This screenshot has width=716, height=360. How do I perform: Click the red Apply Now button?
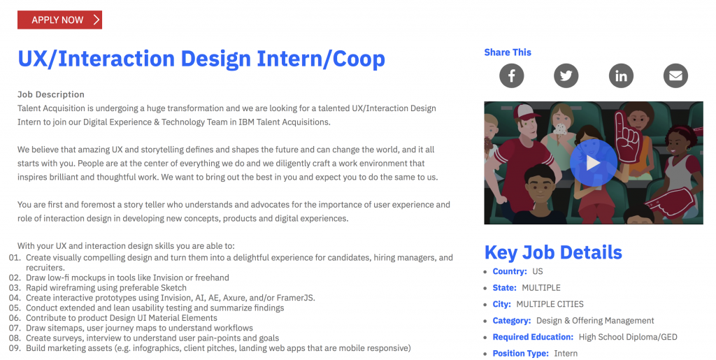(60, 20)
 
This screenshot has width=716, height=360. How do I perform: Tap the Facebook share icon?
(511, 75)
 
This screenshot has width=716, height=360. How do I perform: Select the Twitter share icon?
(566, 75)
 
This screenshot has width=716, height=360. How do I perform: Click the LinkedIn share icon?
(621, 75)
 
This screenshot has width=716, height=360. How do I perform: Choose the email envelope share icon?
(676, 75)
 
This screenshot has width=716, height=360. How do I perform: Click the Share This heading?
(508, 52)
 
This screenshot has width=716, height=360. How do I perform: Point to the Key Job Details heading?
(553, 252)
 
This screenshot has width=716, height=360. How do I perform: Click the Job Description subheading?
(50, 94)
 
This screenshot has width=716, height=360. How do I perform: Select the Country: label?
(510, 271)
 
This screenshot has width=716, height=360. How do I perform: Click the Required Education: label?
(533, 337)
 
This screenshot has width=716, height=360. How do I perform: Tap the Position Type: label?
(520, 354)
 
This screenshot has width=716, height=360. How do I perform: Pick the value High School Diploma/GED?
(628, 337)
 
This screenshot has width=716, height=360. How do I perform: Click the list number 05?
(15, 308)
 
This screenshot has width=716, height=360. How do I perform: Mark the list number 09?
(15, 348)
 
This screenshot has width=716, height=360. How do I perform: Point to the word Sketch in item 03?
(173, 288)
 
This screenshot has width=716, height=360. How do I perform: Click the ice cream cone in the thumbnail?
(559, 129)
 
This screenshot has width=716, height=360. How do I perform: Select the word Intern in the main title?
(292, 59)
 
